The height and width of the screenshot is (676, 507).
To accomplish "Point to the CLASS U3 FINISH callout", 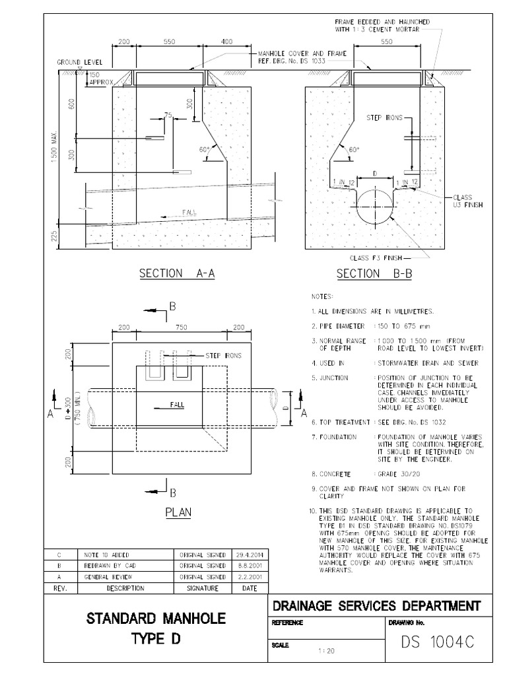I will [468, 201].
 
